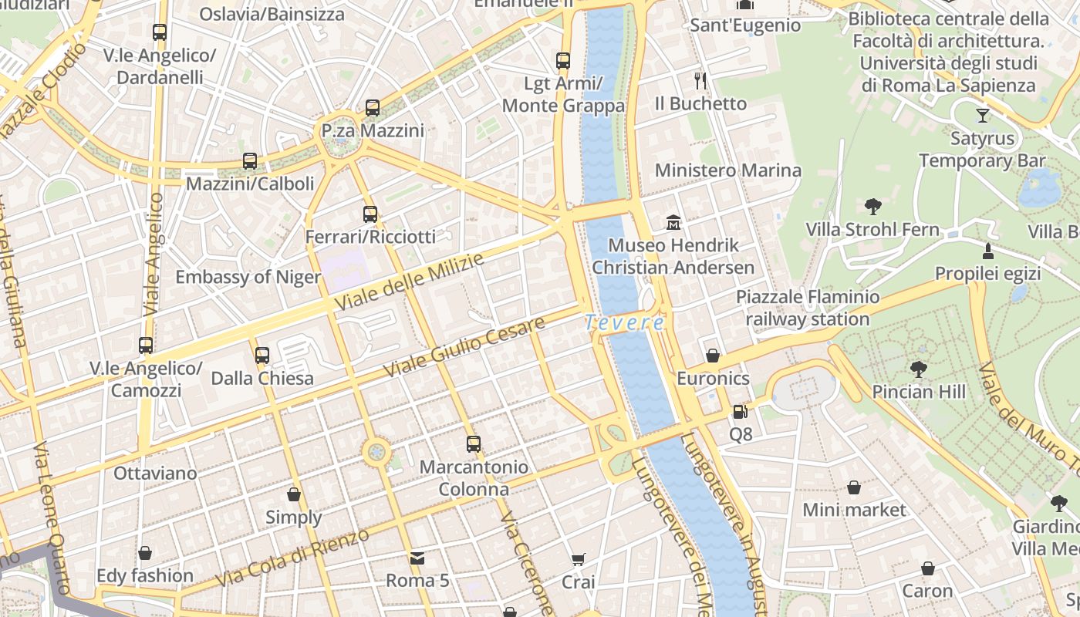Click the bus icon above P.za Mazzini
tap(373, 108)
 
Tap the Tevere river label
tap(624, 322)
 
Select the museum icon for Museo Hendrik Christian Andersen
tap(673, 223)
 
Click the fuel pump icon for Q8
tap(740, 413)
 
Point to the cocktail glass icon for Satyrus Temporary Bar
tap(982, 116)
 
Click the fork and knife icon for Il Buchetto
tap(700, 81)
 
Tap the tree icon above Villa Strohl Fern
tap(872, 207)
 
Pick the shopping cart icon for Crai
tap(579, 559)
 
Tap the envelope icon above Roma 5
tap(417, 558)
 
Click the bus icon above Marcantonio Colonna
tap(474, 444)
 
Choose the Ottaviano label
tap(155, 473)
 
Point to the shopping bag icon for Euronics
tap(713, 356)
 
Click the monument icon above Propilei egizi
tap(987, 251)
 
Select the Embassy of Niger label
tap(248, 277)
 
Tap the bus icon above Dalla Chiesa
tap(262, 356)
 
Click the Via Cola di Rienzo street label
tap(293, 557)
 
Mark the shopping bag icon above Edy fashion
tap(145, 553)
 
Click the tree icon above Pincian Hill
tap(918, 369)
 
